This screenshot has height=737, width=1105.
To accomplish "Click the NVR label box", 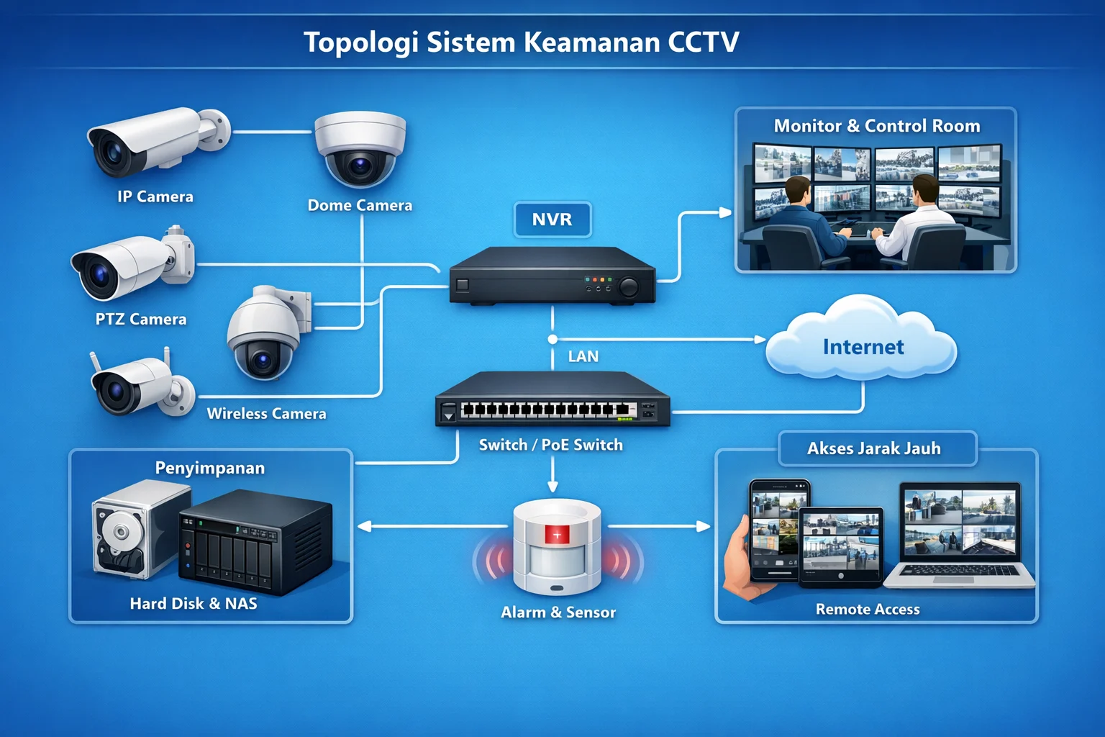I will pos(552,220).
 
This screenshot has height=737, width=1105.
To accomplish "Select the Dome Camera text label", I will pos(360,205).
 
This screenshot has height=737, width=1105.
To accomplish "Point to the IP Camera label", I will pos(155,196).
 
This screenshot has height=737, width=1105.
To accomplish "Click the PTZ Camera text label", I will pos(141,319).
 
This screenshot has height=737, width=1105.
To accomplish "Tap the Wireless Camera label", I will pos(266,413).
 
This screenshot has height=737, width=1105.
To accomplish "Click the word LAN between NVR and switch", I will pos(583,356).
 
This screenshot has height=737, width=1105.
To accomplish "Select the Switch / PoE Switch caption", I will pos(551,445).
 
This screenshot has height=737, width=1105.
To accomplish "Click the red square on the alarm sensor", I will pos(557,534).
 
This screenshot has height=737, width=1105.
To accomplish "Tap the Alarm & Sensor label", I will pos(558,612).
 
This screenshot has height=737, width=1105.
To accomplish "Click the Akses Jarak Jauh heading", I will pos(874,448).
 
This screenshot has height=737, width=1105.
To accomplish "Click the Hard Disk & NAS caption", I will pos(194,603).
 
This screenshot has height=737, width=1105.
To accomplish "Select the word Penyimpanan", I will pos(210,468).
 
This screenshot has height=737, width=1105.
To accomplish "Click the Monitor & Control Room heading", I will pos(877,126).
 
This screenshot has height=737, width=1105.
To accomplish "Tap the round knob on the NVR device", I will pos(628,287).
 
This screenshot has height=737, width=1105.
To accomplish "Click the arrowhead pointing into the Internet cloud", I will pos(760,339).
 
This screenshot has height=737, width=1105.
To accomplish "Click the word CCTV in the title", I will pos(703,42).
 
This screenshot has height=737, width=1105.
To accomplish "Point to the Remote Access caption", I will pos(868,609).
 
